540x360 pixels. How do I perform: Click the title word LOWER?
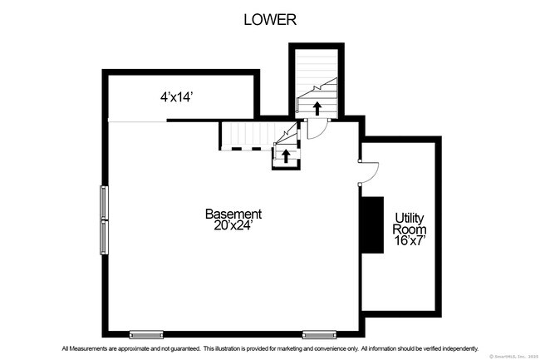pos(270,20)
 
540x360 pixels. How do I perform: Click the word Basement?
pos(233,214)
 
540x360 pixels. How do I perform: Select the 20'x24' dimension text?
pos(233,226)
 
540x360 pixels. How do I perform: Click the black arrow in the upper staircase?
pos(317,107)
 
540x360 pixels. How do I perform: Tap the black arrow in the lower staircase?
pos(286,155)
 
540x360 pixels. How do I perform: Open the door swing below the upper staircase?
pos(316,128)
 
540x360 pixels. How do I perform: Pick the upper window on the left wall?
pos(105,202)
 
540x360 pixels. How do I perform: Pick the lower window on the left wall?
pos(105,237)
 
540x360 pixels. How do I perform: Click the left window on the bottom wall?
pos(146,334)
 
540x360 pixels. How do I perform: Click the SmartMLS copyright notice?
pos(513,356)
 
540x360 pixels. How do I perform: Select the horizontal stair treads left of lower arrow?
pos(246,135)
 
